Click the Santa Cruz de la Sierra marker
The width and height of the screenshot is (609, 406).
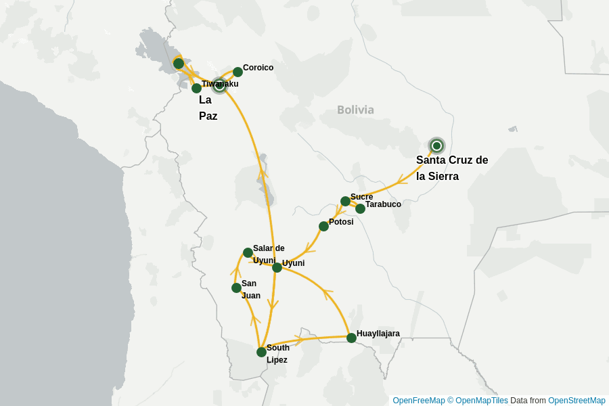[437, 145]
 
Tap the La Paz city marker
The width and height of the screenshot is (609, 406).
[219, 85]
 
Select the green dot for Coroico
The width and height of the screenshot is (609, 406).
[238, 72]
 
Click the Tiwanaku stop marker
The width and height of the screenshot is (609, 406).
[196, 88]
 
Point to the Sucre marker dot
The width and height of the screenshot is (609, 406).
[345, 201]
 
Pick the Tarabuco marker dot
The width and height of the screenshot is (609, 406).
[360, 208]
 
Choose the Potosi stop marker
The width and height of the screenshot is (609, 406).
[323, 226]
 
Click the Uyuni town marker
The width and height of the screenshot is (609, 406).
[277, 267]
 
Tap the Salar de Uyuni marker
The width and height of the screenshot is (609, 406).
[248, 252]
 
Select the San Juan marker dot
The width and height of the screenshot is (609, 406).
[236, 288]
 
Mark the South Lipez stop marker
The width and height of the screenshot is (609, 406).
[261, 352]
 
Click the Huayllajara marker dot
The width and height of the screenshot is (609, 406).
[351, 338]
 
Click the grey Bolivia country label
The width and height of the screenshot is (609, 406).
[355, 110]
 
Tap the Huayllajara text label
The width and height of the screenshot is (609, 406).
[378, 334]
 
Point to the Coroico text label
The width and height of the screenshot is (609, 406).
[258, 68]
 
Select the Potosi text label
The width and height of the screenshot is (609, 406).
[341, 222]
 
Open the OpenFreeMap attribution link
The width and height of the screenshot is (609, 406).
[418, 401]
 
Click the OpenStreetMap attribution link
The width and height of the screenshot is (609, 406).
[577, 401]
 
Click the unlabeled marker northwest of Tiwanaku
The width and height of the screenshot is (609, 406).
[178, 63]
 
